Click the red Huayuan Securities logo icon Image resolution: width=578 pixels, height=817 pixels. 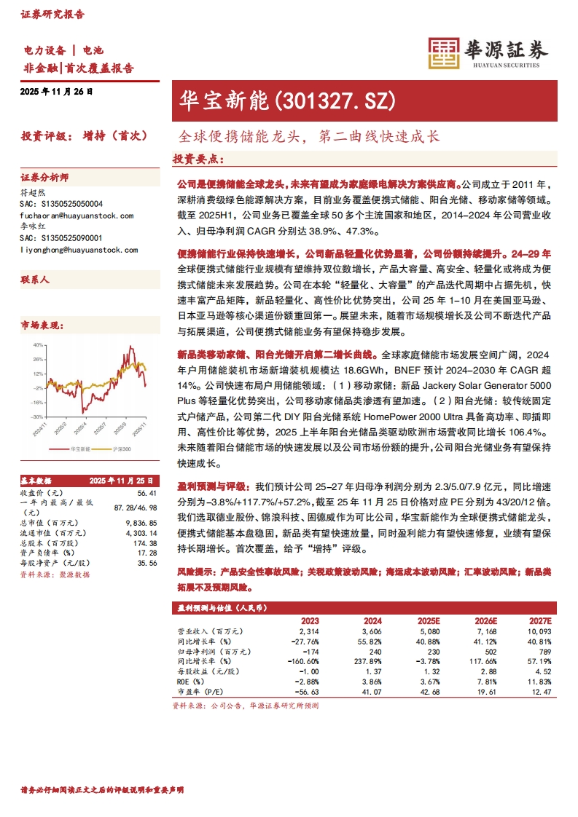(442, 54)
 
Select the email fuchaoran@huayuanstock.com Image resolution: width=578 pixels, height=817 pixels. (77, 216)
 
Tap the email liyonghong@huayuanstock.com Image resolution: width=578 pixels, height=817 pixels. (79, 250)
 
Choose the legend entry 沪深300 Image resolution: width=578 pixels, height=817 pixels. (120, 450)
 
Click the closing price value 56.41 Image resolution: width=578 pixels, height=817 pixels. (147, 492)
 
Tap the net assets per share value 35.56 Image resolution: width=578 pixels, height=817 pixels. (147, 564)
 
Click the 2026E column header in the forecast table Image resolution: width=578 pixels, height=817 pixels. (485, 620)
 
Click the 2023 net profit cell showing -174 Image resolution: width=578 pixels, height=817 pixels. (310, 652)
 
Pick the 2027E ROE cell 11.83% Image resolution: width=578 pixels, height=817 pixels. (539, 682)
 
